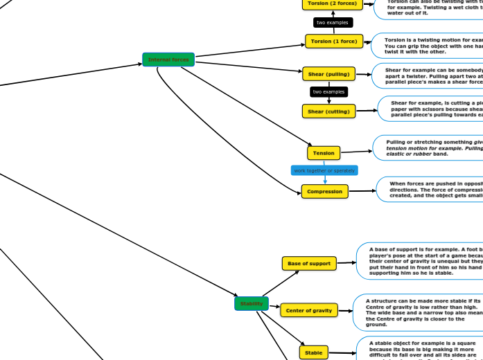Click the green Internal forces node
pos(168,60)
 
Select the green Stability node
pos(252,303)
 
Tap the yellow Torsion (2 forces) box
pos(332,3)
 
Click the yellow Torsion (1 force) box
pos(334,42)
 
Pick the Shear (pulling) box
pos(328,73)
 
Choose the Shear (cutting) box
pos(328,111)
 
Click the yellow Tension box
pos(324,152)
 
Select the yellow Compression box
pos(325,191)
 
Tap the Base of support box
pos(309,263)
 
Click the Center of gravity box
pos(309,311)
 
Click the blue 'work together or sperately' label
pos(324,170)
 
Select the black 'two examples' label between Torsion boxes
pos(332,23)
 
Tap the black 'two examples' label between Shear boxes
pos(328,92)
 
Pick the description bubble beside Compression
pos(430,189)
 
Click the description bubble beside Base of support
pos(419,260)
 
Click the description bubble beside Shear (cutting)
pos(430,109)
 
